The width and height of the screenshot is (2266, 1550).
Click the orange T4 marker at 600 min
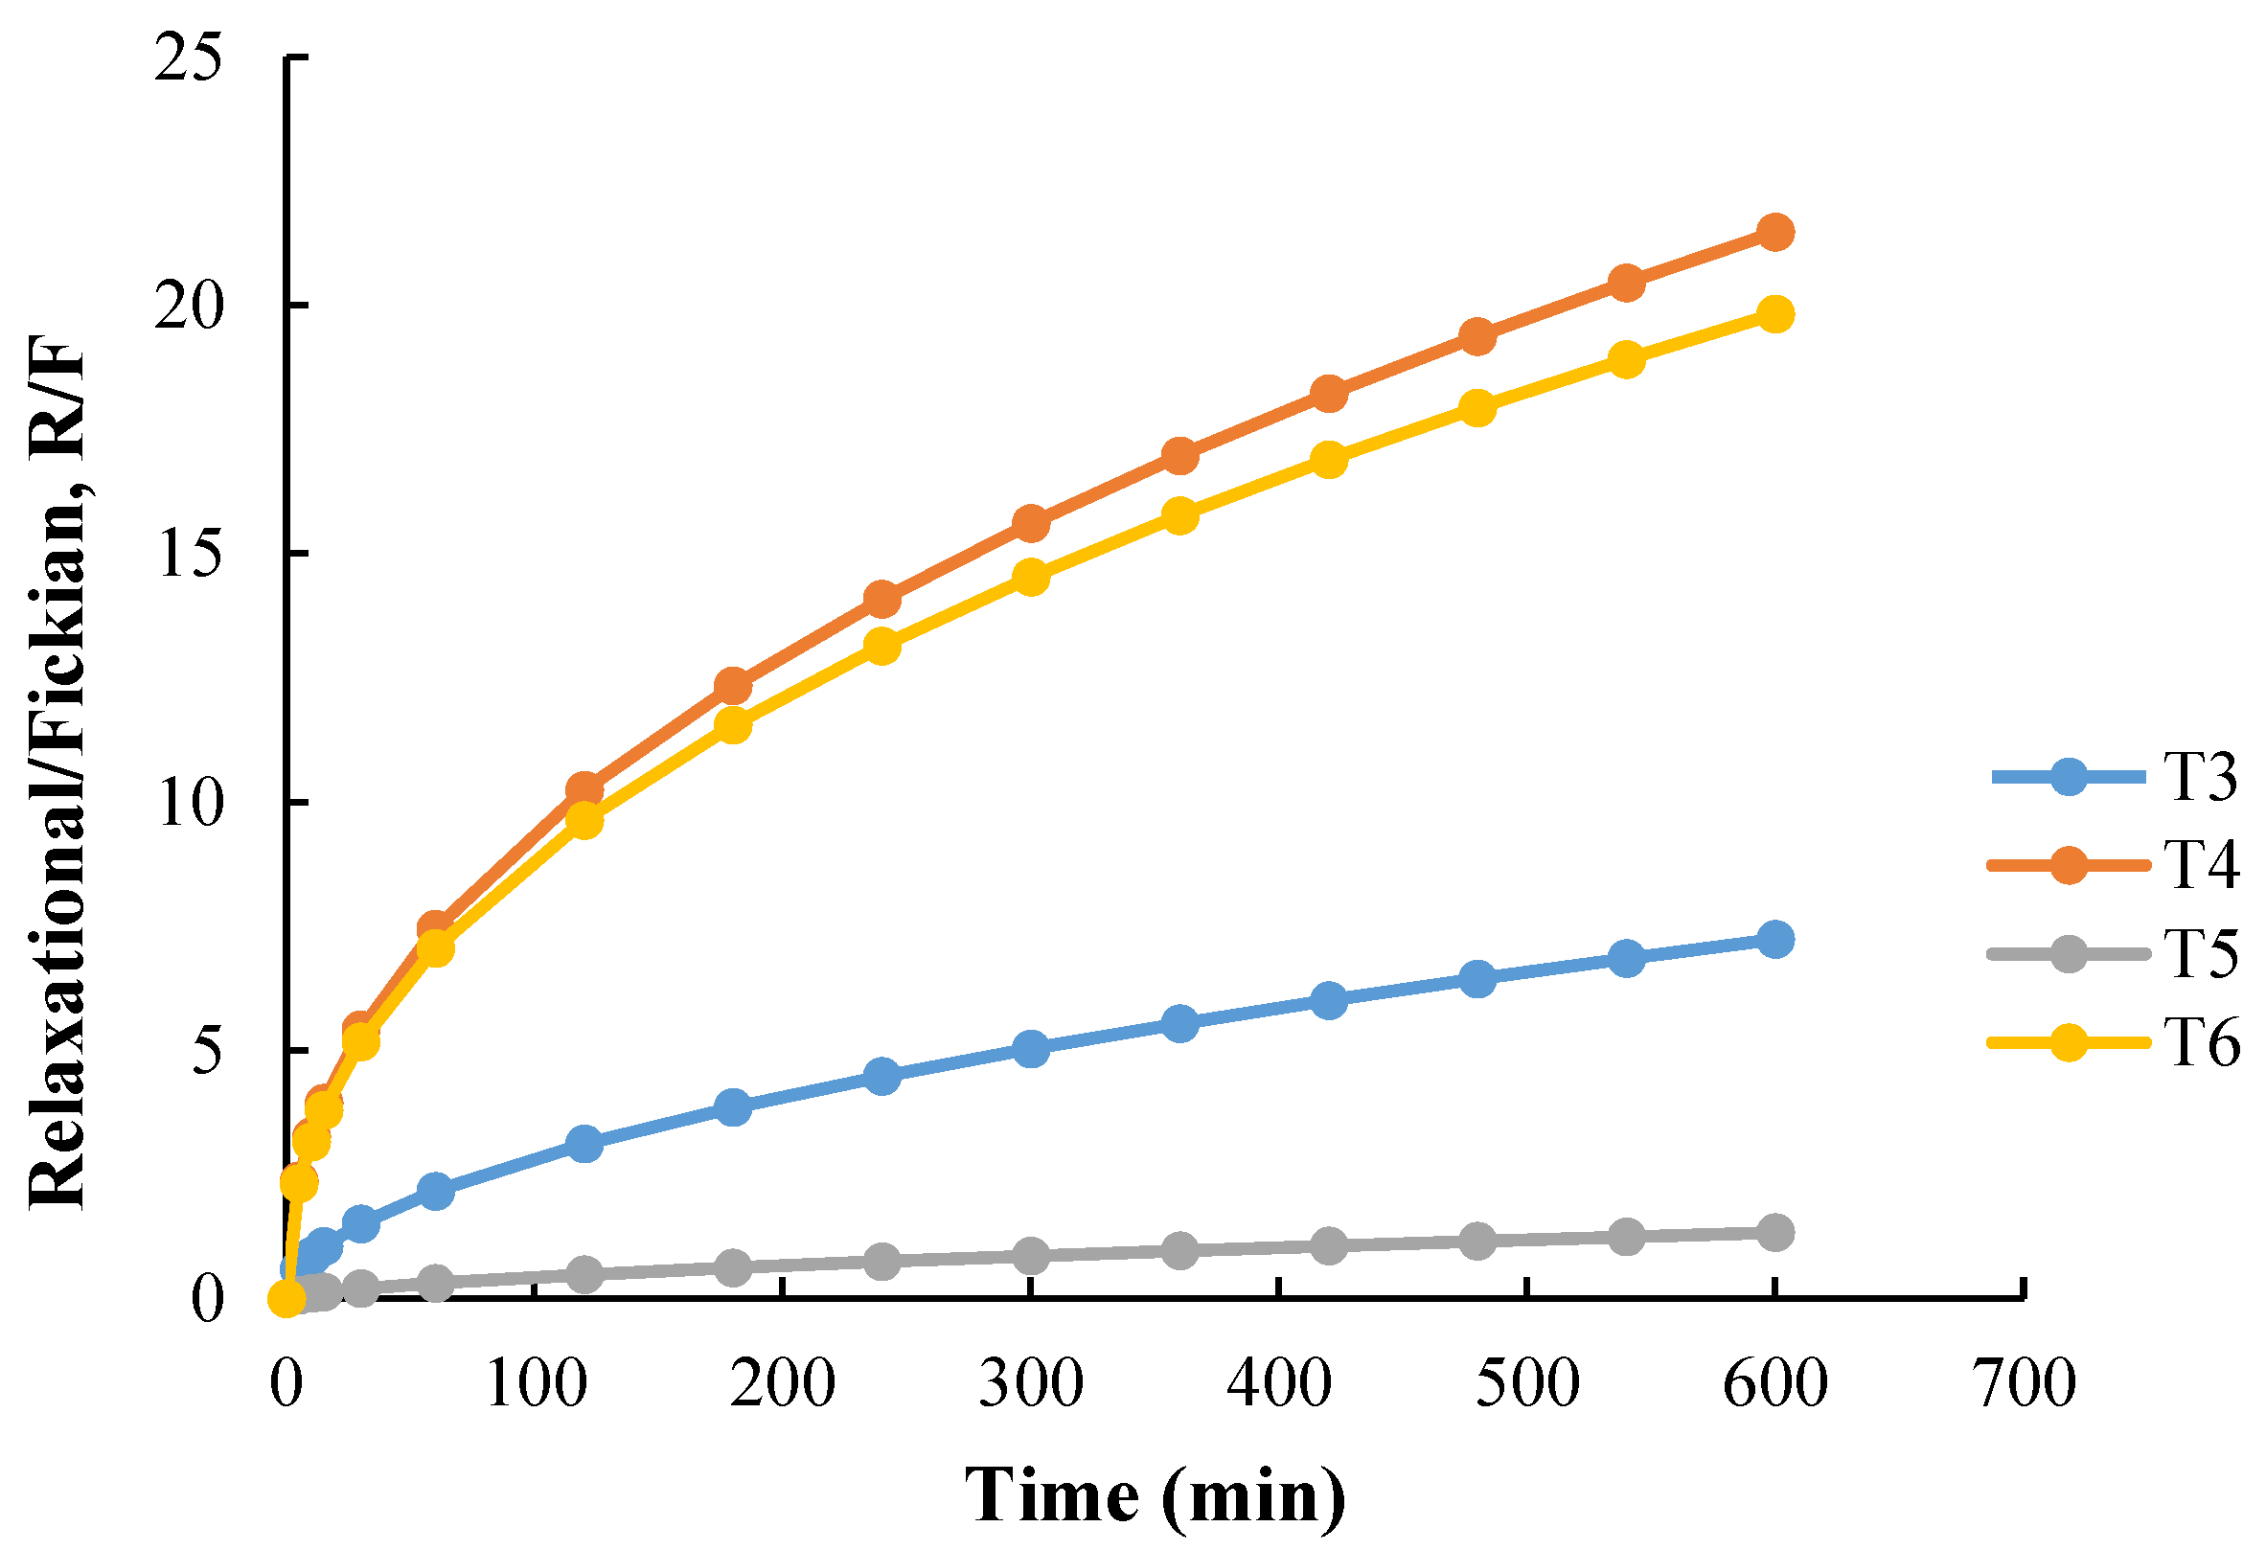click(1774, 232)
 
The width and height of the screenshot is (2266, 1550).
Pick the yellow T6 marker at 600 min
click(1774, 314)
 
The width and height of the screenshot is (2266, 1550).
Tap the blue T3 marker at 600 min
click(1774, 940)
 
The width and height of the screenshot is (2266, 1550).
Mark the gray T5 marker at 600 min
click(1774, 1232)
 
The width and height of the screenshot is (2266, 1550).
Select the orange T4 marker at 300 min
click(1031, 523)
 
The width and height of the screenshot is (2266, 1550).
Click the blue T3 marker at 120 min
click(584, 1144)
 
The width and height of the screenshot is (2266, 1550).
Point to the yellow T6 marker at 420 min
click(1328, 459)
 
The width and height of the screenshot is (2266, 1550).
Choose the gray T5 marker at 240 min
click(881, 1262)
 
